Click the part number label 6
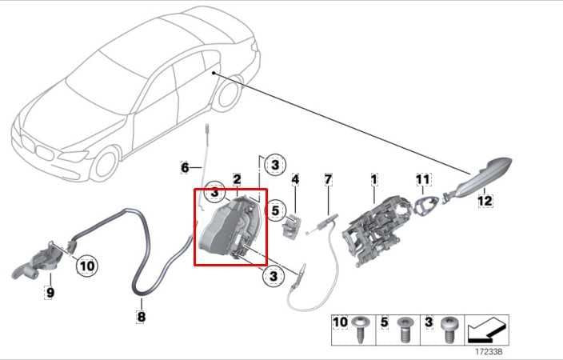[185, 168]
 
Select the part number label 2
[237, 178]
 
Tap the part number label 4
[294, 179]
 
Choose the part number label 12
[485, 202]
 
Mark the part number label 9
[50, 293]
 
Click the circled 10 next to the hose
[87, 265]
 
